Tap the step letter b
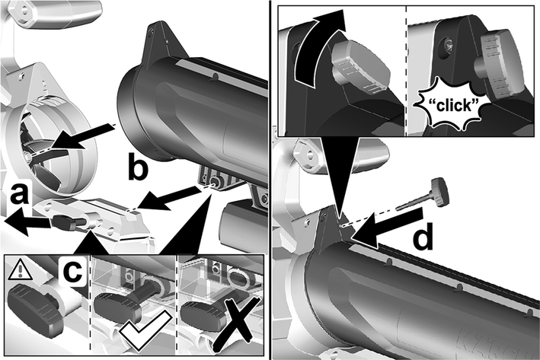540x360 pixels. [x=139, y=166]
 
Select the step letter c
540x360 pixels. [x=72, y=271]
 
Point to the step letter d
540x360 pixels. [x=423, y=237]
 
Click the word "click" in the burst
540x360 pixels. [x=451, y=106]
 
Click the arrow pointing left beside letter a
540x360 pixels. [x=29, y=223]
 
